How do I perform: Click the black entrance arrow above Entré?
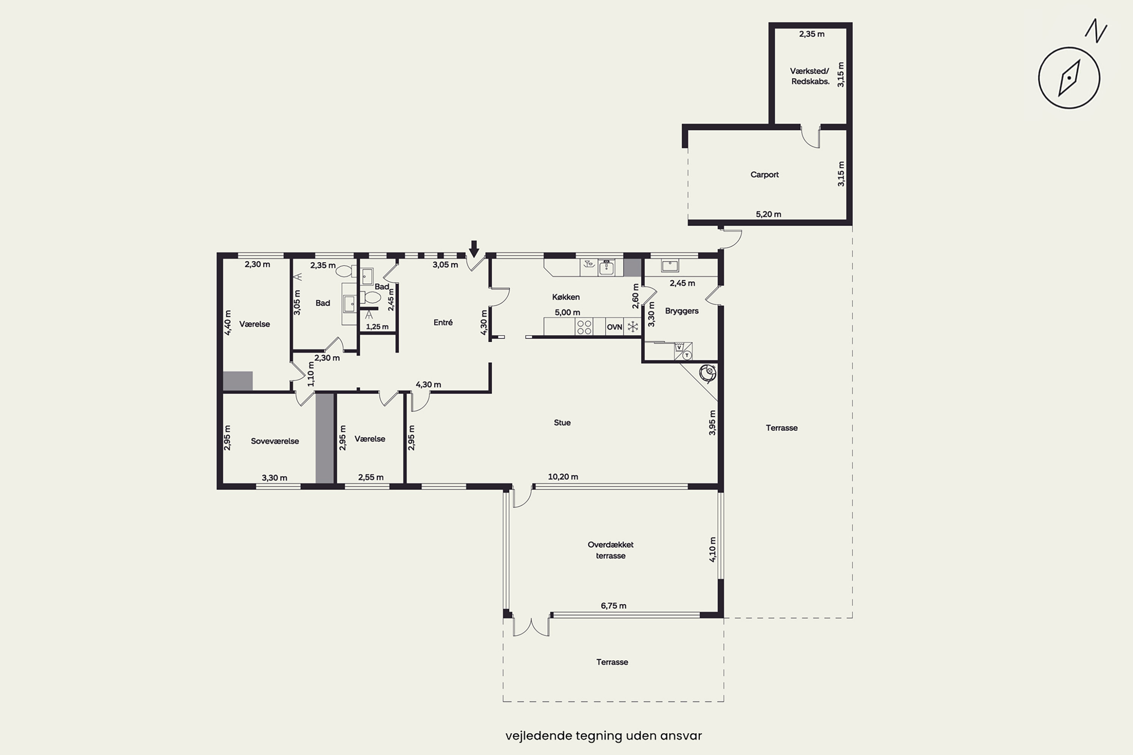pyautogui.click(x=474, y=249)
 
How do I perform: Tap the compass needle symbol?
pyautogui.click(x=1069, y=77)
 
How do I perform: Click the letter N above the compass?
pyautogui.click(x=1096, y=31)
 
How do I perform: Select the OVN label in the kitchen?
pyautogui.click(x=614, y=327)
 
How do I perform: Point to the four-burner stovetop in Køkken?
pyautogui.click(x=584, y=327)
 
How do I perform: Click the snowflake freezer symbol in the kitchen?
pyautogui.click(x=633, y=327)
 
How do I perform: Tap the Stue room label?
pyautogui.click(x=562, y=423)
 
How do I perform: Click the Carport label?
pyautogui.click(x=764, y=175)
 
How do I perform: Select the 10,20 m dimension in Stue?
pyautogui.click(x=563, y=477)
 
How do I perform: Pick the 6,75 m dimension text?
pyautogui.click(x=613, y=606)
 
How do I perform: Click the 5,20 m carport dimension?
pyautogui.click(x=768, y=214)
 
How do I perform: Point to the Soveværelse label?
pyautogui.click(x=275, y=441)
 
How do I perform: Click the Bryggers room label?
pyautogui.click(x=682, y=311)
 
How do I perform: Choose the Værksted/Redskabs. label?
pyautogui.click(x=810, y=76)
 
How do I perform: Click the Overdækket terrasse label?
pyautogui.click(x=610, y=550)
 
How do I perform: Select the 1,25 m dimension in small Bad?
pyautogui.click(x=377, y=327)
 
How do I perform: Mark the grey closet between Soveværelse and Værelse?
pyautogui.click(x=325, y=438)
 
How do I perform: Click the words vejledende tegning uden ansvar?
pyautogui.click(x=604, y=736)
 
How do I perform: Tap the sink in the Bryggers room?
pyautogui.click(x=670, y=265)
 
